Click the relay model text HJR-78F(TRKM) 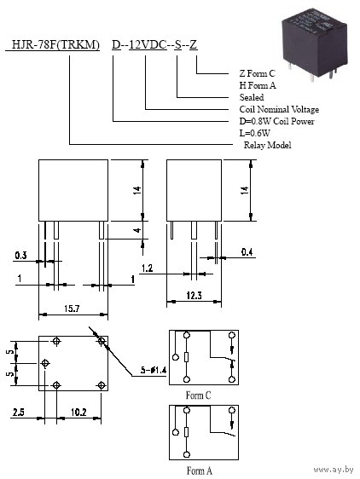pos(55,45)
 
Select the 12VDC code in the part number pos(148,45)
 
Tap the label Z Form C pos(257,73)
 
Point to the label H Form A pos(258,85)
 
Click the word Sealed pos(252,97)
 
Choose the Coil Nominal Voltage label pos(279,109)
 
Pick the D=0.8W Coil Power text pos(276,121)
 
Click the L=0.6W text pos(254,133)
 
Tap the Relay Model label pos(267,145)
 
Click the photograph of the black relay pos(315,44)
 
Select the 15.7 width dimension pos(72,309)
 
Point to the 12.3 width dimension pos(194,296)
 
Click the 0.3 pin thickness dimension pos(20,256)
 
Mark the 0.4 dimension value pos(247,252)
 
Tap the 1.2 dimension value pos(147,268)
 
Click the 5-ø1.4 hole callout pos(154,370)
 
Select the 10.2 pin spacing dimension pos(78,413)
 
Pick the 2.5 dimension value pos(19,413)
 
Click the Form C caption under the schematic pos(198,395)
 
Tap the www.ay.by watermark pos(333,470)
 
